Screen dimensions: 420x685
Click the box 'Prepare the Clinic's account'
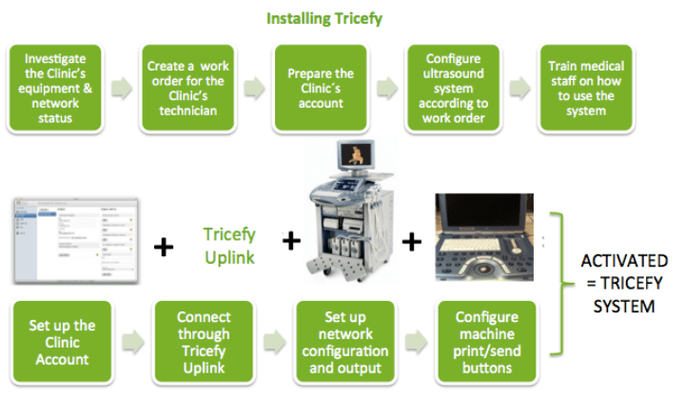[x=320, y=88]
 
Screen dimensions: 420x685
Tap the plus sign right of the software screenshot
[x=164, y=248]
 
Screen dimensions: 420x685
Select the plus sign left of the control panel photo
[x=411, y=242]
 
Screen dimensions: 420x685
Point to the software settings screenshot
[x=73, y=241]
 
